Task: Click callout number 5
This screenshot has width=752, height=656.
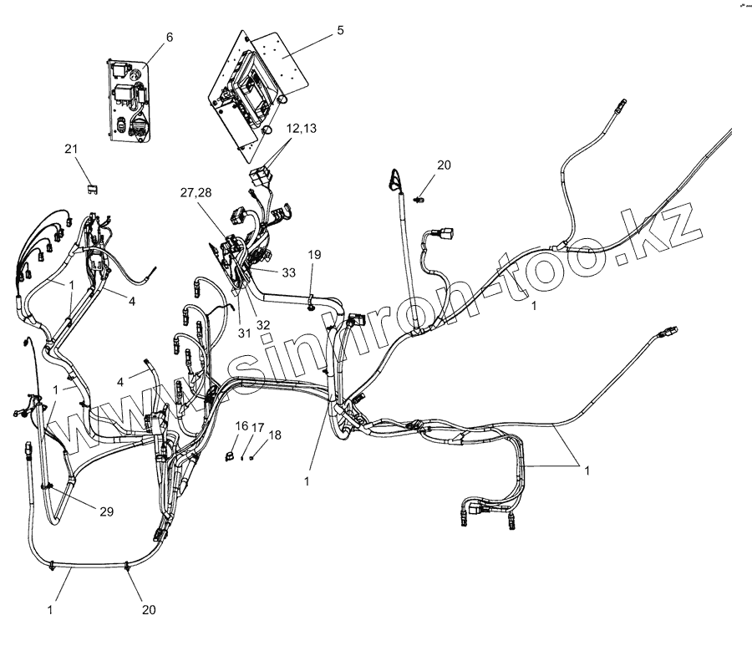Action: pos(340,30)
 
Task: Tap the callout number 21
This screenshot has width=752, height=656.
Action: pos(72,149)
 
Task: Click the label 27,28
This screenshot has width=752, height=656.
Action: pos(196,193)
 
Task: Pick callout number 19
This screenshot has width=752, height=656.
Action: pos(314,253)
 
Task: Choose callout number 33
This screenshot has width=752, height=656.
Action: pos(289,272)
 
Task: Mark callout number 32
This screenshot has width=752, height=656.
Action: pos(263,325)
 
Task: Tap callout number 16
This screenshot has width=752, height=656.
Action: pos(241,426)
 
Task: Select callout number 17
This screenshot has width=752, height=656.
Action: pos(258,426)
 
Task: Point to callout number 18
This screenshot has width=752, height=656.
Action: pos(275,435)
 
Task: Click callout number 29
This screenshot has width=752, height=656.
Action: pos(107,510)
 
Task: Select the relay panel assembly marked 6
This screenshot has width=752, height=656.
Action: pos(129,100)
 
